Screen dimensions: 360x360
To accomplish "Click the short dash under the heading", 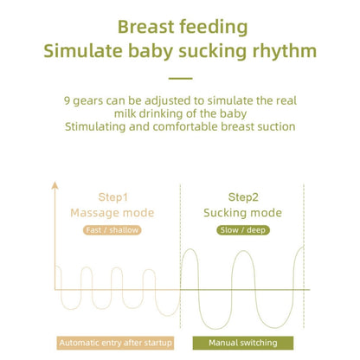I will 180,78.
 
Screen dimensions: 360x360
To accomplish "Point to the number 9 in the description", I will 67,99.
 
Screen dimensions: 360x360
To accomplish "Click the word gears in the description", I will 90,99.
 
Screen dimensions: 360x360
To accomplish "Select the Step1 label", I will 112,196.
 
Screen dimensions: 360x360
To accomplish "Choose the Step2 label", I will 242,196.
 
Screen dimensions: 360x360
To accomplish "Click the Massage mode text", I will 112,212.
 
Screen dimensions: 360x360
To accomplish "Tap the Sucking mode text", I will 242,212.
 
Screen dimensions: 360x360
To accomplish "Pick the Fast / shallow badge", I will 112,230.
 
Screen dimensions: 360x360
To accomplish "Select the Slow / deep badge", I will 242,230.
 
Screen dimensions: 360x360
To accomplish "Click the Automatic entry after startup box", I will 116,343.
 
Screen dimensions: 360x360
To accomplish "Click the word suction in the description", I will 274,126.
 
